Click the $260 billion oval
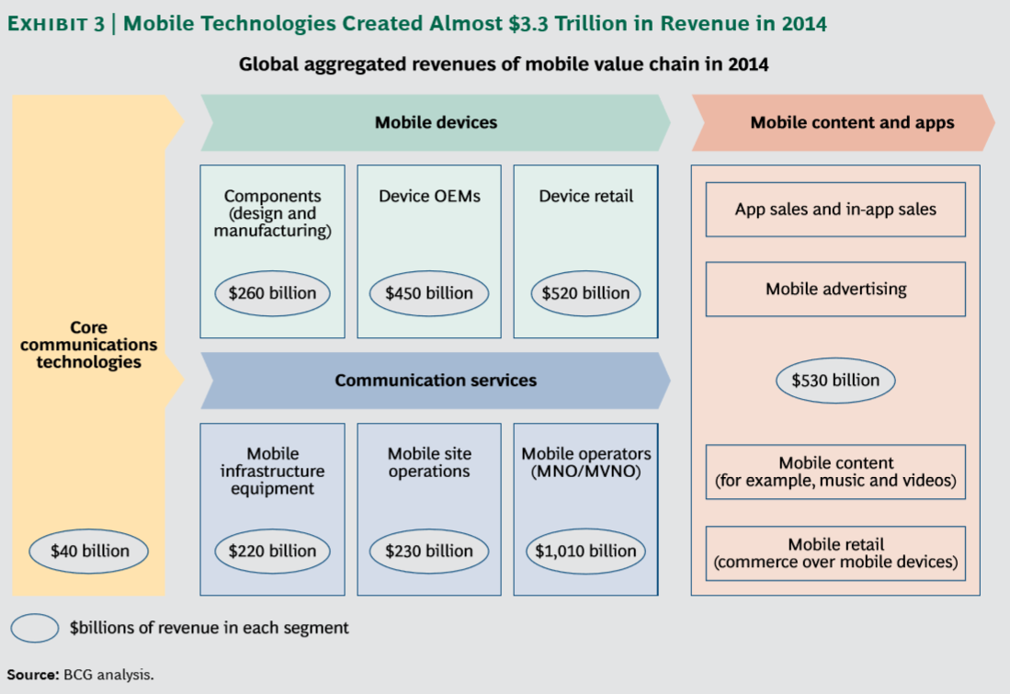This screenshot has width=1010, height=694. (273, 293)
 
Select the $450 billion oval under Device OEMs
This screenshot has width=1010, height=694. (429, 293)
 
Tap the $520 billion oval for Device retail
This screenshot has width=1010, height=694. (585, 293)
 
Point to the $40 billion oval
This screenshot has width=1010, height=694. (88, 552)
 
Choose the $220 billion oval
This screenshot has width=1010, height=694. (273, 552)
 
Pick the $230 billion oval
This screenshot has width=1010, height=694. (429, 552)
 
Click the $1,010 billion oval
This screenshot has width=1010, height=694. (585, 552)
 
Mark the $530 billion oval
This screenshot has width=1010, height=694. (834, 381)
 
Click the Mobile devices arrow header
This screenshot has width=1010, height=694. (436, 122)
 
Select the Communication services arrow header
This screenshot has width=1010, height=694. (436, 381)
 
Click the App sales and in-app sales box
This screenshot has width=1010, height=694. (835, 210)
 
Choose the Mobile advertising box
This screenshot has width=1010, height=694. (835, 289)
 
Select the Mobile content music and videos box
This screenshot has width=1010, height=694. (835, 472)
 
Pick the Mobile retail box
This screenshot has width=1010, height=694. (835, 553)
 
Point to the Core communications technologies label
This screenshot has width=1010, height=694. (88, 345)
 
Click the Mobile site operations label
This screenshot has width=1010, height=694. (428, 462)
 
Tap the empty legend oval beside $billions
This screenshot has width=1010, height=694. (35, 629)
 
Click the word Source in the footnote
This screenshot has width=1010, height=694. (32, 674)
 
